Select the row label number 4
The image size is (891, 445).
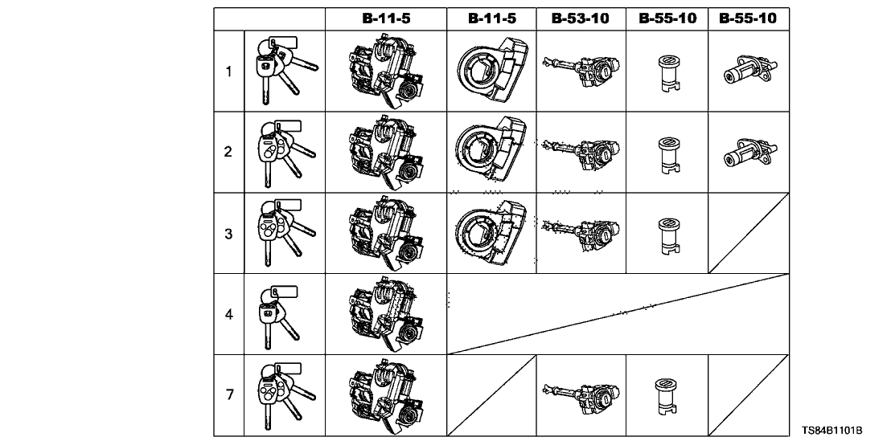[x=228, y=315]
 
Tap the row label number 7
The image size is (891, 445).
[x=228, y=395]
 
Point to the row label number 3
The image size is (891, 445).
[x=228, y=234]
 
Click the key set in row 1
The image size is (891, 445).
[x=283, y=71]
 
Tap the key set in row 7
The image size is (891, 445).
[x=284, y=395]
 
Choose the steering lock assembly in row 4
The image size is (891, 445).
[x=385, y=315]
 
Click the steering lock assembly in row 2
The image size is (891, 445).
[x=385, y=153]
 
